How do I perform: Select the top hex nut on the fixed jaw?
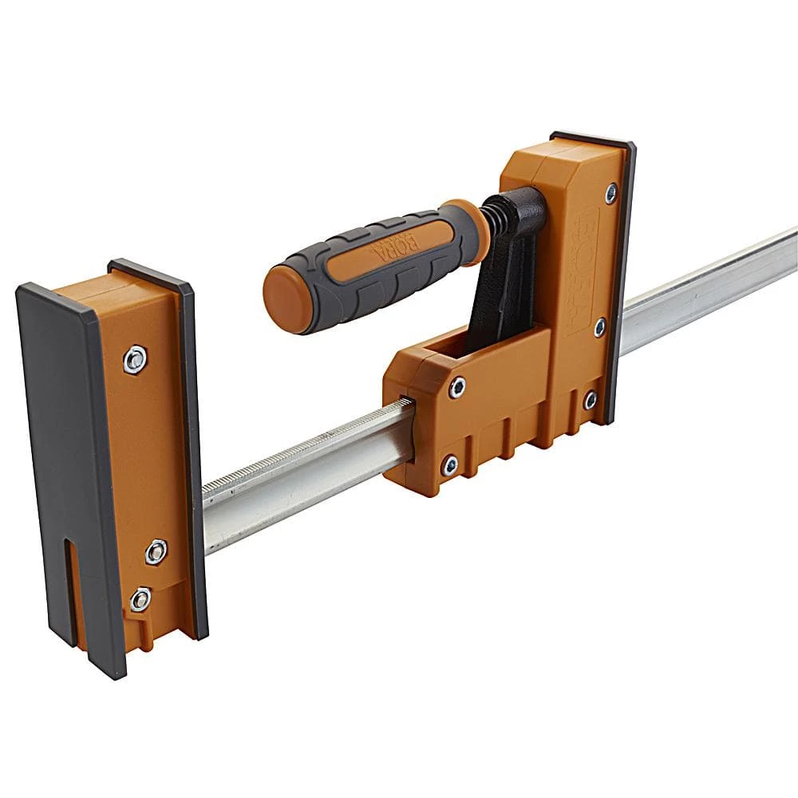point(135,360)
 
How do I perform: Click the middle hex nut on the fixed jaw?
point(156,551)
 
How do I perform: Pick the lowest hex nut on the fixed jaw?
point(140,598)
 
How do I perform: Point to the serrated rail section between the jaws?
point(303,447)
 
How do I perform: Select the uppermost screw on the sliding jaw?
point(611,192)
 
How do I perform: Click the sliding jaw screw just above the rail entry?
point(456,388)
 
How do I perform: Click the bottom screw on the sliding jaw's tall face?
point(590,399)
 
